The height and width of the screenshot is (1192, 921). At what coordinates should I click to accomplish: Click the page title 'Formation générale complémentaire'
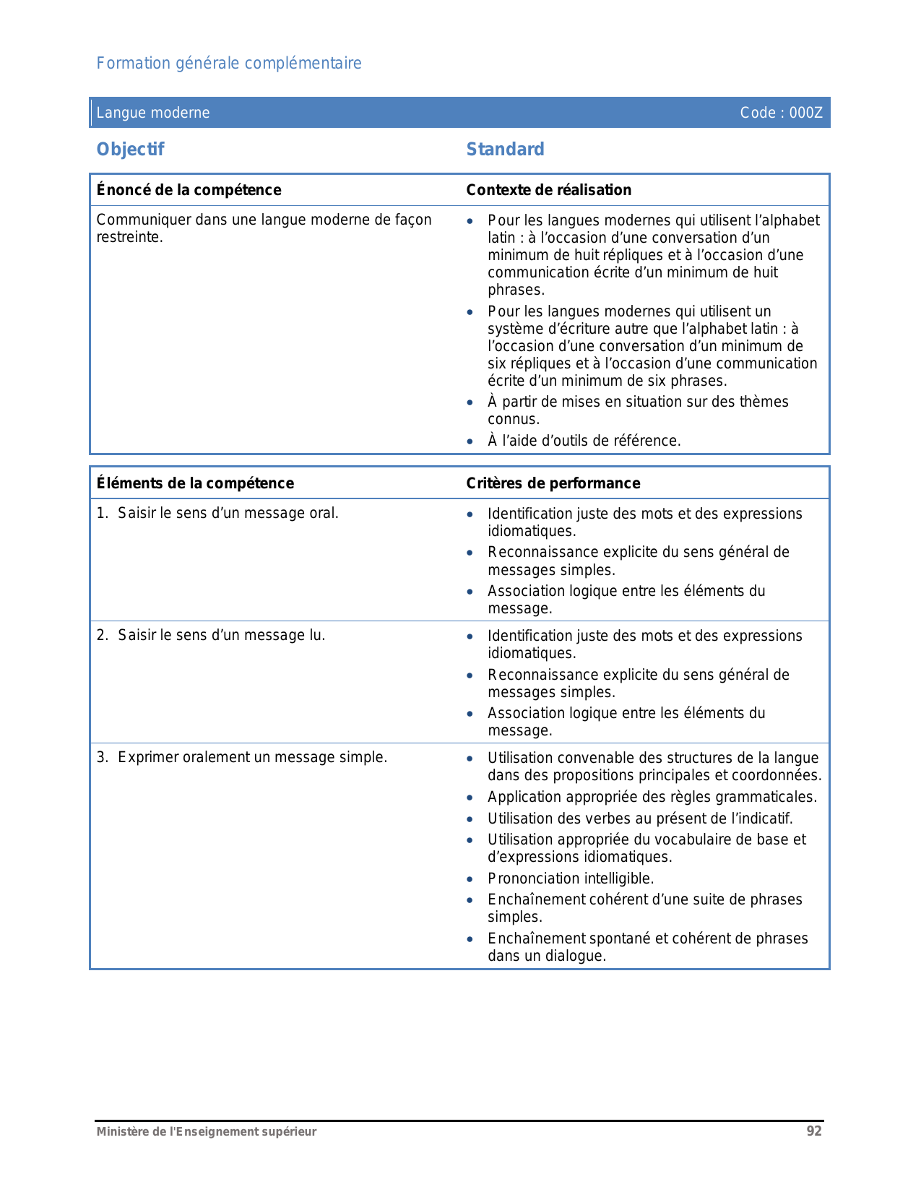pos(229,64)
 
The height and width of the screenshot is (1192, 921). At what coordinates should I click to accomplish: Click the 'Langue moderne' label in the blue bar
pos(153,113)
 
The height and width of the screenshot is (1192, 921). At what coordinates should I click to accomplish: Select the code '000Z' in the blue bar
pos(805,113)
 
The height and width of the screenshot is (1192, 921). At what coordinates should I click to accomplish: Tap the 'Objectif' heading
pos(131,150)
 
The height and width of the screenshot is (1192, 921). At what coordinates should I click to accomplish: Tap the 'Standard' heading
pos(505,150)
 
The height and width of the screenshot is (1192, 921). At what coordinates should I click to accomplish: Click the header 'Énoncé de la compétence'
pos(189,190)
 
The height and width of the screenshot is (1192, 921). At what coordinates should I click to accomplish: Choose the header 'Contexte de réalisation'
pos(548,190)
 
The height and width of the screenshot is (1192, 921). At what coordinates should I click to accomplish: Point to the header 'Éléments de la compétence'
pos(195,483)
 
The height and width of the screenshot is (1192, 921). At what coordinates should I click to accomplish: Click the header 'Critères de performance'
pos(553,483)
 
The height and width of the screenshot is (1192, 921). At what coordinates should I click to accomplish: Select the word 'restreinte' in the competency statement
pos(128,238)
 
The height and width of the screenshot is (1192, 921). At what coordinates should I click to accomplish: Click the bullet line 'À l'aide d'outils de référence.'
pos(584,441)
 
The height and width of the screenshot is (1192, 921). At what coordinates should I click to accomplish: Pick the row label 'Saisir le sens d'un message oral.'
pos(228,514)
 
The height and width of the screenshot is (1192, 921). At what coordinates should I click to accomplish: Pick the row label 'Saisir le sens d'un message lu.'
pos(221,636)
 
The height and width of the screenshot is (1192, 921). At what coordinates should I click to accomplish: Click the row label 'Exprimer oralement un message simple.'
pos(252,758)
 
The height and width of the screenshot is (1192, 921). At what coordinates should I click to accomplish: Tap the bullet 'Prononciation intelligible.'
pos(571,878)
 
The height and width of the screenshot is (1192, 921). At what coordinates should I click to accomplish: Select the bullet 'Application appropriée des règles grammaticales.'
pos(652,798)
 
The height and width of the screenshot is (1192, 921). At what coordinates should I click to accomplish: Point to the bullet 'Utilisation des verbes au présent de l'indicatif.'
pos(640,819)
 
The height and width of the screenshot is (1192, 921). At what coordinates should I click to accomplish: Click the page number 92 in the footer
pos(814,1131)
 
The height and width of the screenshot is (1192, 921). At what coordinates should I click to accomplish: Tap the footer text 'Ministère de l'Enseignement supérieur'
pos(207,1132)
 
